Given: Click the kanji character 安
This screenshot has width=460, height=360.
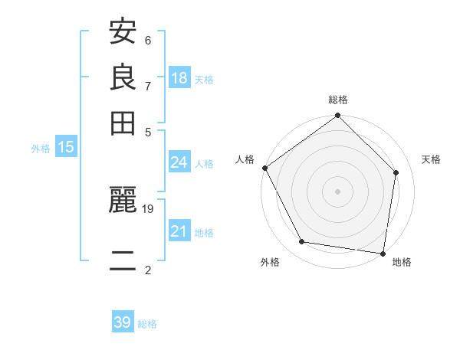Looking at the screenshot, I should (123, 34).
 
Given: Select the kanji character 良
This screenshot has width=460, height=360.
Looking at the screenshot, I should (123, 77).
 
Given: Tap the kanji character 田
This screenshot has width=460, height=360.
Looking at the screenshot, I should (123, 122).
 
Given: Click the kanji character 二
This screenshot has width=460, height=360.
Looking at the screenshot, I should (123, 260).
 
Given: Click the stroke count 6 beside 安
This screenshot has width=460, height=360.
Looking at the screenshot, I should (148, 41).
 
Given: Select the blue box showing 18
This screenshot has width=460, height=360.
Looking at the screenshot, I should (179, 78).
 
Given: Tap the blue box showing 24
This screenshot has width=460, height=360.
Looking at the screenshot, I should (179, 162).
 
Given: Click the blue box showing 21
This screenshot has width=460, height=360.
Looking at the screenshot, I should (179, 231).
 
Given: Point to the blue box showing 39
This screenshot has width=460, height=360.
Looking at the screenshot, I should (123, 322).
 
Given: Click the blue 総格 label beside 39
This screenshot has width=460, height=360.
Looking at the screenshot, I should (147, 324).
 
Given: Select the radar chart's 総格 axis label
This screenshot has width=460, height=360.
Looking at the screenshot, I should (338, 100).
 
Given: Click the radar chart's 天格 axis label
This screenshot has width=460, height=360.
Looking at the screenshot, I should (431, 159).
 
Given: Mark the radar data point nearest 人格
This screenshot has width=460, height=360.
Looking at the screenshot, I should (265, 168).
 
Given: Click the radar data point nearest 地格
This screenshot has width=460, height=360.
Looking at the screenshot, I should (383, 253).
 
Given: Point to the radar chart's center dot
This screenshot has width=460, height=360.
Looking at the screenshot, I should (337, 191).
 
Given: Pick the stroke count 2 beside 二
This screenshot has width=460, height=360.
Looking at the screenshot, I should (148, 269).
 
